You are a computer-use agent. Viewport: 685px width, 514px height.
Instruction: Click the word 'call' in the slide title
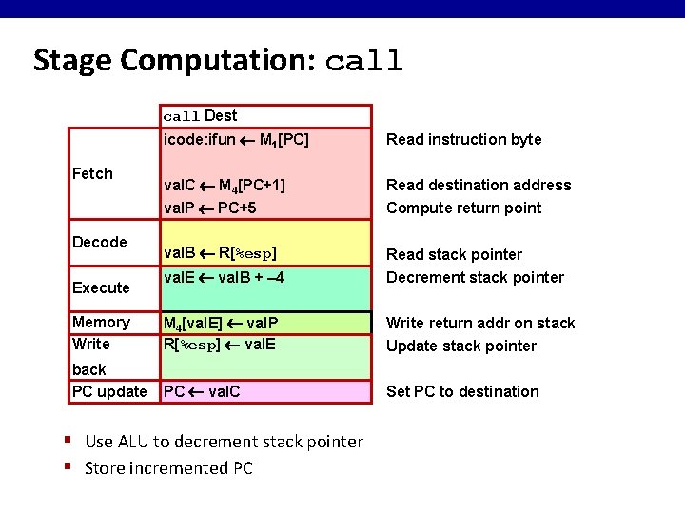click(364, 63)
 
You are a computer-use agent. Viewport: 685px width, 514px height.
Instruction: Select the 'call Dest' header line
click(200, 116)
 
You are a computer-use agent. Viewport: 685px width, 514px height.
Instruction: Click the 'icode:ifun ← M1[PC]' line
click(236, 140)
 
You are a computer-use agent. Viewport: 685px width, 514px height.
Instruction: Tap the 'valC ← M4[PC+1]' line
click(225, 186)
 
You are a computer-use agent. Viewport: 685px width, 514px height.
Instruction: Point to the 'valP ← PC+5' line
click(210, 208)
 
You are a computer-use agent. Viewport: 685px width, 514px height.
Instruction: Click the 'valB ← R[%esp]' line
click(220, 254)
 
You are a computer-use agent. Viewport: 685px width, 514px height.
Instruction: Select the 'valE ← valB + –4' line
click(225, 278)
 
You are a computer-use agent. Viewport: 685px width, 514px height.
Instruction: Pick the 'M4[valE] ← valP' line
click(221, 324)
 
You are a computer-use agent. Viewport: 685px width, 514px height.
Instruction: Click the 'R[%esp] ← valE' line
click(220, 345)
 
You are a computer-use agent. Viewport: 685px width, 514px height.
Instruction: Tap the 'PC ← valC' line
click(202, 391)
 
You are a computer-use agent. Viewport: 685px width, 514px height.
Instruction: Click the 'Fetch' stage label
click(92, 173)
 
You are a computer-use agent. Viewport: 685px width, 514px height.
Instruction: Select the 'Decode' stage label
click(99, 242)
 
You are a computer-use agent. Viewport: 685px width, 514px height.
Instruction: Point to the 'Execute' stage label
click(101, 287)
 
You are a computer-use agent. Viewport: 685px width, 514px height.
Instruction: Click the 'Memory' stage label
click(101, 323)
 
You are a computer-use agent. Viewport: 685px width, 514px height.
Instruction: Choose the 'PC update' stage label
click(109, 391)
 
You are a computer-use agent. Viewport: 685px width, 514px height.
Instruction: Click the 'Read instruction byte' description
click(463, 140)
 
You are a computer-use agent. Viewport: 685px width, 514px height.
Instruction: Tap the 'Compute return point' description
click(463, 208)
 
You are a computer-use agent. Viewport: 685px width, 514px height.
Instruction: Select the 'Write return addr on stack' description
click(480, 324)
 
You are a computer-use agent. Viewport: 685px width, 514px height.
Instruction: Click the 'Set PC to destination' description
click(462, 391)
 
